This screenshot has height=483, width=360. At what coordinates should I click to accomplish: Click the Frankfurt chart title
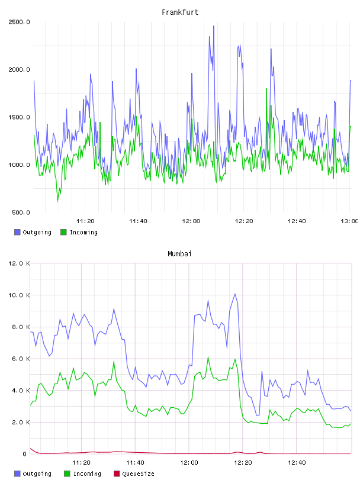(x=180, y=12)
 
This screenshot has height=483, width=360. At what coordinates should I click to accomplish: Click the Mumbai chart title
(x=179, y=254)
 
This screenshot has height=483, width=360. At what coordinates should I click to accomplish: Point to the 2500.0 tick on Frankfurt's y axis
(x=19, y=22)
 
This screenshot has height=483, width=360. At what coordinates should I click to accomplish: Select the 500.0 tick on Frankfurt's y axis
(x=21, y=212)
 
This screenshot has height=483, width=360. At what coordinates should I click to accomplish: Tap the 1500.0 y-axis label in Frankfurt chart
(x=19, y=117)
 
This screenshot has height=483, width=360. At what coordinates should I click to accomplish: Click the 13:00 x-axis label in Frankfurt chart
(x=349, y=221)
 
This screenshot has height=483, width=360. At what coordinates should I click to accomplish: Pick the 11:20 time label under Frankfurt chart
(x=85, y=221)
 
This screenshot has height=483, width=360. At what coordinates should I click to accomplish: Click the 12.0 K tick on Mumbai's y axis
(x=19, y=263)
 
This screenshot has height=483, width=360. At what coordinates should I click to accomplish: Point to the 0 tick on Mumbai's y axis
(x=25, y=454)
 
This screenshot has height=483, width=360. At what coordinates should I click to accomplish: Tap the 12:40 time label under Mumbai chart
(x=297, y=463)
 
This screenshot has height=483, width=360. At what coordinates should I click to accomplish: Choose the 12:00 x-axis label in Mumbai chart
(x=189, y=463)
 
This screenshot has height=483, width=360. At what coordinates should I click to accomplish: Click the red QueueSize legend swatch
(x=117, y=474)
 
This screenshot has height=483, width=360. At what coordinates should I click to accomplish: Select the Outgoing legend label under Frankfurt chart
(x=37, y=232)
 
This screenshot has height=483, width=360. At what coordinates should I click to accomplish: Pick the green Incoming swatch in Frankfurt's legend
(x=63, y=232)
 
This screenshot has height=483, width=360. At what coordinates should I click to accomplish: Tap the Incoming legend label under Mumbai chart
(x=87, y=474)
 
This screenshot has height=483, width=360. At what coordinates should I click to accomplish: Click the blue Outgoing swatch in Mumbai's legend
(x=17, y=474)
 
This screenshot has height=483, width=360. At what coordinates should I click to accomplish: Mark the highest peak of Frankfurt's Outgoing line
(x=214, y=26)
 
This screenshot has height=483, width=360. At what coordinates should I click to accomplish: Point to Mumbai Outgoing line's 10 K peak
(x=235, y=294)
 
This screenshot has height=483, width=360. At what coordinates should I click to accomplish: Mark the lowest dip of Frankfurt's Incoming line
(x=57, y=202)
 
